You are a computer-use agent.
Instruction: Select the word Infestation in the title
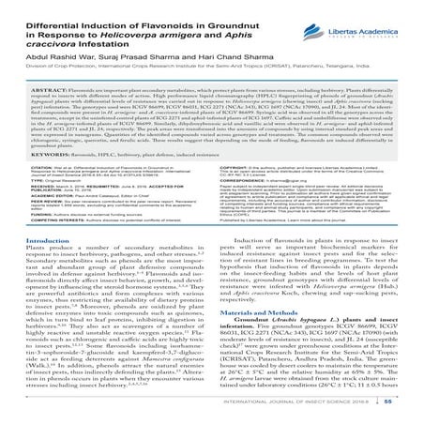click(108, 44)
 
